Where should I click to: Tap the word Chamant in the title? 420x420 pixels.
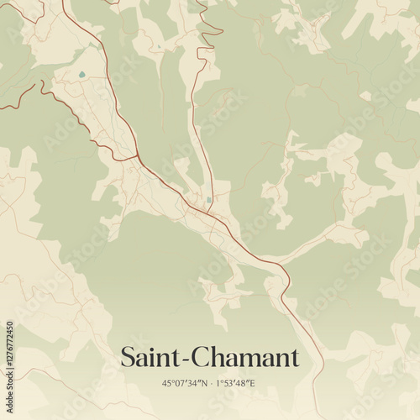tap(246, 357)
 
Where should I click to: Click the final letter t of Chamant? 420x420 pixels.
tap(295, 358)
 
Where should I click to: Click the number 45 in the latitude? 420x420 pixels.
tap(167, 383)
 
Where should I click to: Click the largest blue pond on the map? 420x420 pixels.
tap(81, 75)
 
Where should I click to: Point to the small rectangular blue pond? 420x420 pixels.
tap(208, 199)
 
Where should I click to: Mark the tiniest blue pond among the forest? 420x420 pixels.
tap(158, 46)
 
